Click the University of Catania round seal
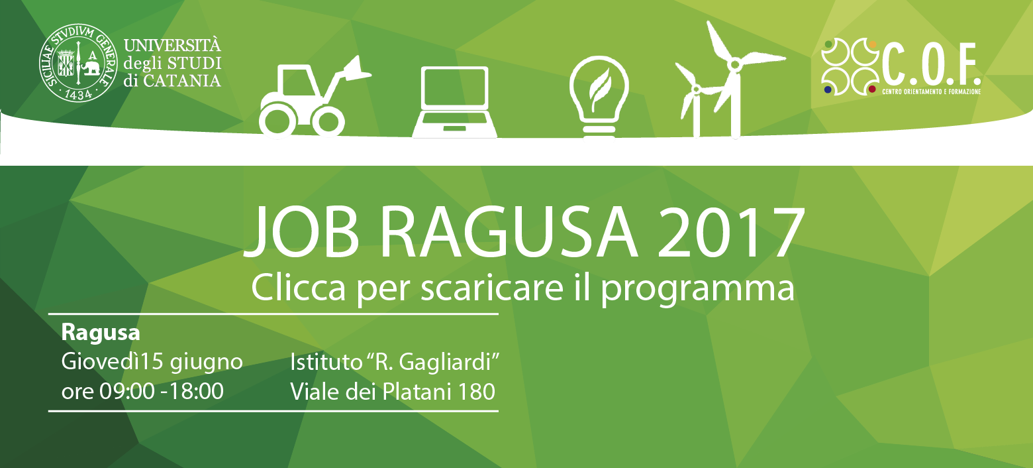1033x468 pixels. point(78,63)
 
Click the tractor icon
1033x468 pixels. point(315,96)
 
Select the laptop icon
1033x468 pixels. point(455,102)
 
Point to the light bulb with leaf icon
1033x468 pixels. point(599,97)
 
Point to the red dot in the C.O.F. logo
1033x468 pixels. point(871,89)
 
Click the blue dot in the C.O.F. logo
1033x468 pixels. point(828,89)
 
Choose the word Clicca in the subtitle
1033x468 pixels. point(299,288)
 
